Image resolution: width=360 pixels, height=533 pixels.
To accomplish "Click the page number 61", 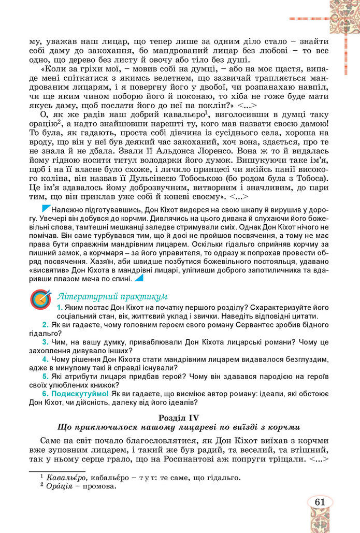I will (320, 502).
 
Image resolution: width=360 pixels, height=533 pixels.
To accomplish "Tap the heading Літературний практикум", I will (112, 296).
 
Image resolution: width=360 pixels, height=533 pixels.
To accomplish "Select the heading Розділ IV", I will (179, 416).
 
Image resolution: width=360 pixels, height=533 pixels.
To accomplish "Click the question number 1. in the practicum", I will (60, 308).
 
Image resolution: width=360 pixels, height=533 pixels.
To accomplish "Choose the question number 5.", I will (46, 376).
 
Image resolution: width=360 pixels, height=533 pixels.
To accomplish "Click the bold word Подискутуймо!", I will (79, 393).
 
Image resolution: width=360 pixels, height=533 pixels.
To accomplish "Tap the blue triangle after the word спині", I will (138, 278).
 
